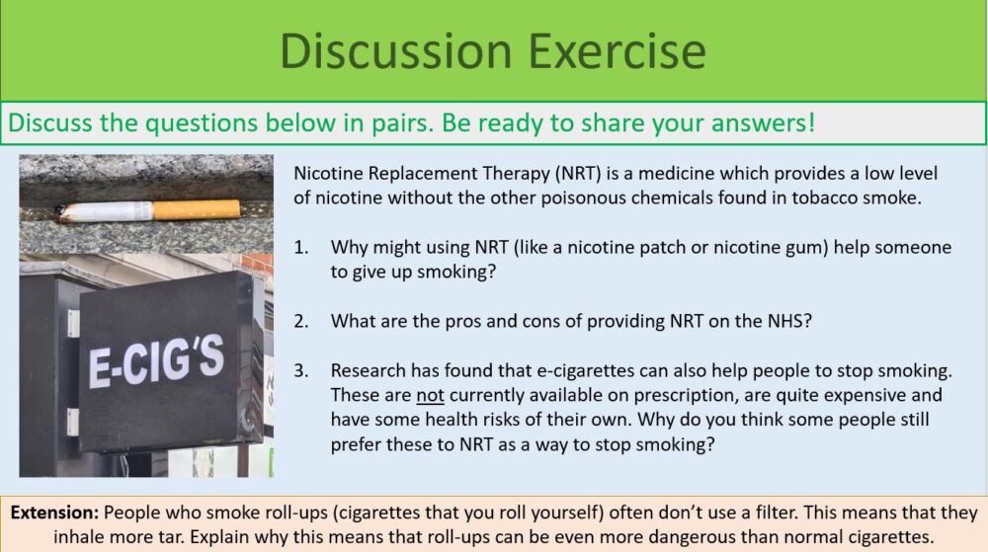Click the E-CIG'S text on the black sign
(x=156, y=362)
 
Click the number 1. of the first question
(x=300, y=247)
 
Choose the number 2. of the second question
(x=300, y=321)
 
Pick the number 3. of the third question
(x=300, y=370)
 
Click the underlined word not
(x=429, y=395)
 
